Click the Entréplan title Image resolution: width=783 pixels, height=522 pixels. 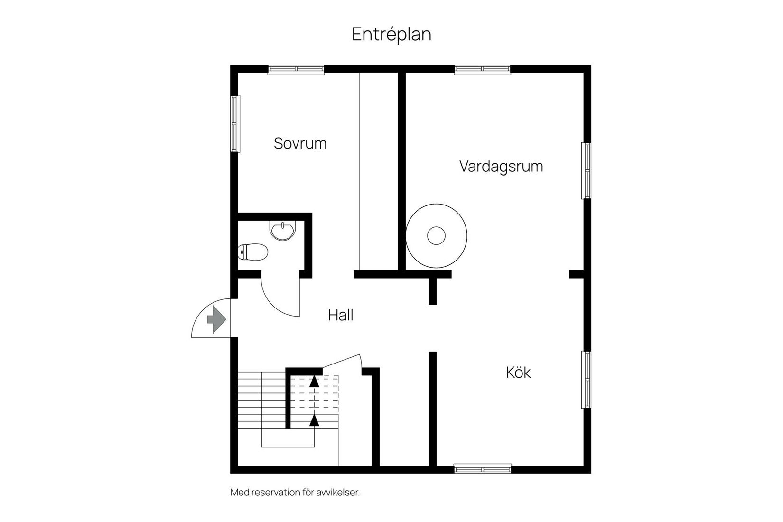pyautogui.click(x=391, y=34)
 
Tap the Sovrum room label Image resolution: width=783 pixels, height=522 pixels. pyautogui.click(x=300, y=143)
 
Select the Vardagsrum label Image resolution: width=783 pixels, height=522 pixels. pyautogui.click(x=501, y=167)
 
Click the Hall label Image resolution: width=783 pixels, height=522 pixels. pyautogui.click(x=341, y=315)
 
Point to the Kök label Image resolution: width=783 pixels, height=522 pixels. pyautogui.click(x=518, y=373)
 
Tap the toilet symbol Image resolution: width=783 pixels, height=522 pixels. pyautogui.click(x=253, y=252)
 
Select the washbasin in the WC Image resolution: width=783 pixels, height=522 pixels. pyautogui.click(x=282, y=231)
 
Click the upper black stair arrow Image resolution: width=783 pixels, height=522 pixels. pyautogui.click(x=314, y=381)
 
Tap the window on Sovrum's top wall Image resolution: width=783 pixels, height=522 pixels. pyautogui.click(x=296, y=70)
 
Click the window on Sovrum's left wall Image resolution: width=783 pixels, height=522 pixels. pyautogui.click(x=235, y=124)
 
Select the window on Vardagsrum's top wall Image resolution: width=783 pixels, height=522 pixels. pyautogui.click(x=483, y=70)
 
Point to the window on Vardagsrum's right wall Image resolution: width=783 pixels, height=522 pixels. pyautogui.click(x=587, y=170)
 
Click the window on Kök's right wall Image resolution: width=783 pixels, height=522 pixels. pyautogui.click(x=587, y=379)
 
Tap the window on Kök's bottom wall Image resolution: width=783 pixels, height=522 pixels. pyautogui.click(x=483, y=468)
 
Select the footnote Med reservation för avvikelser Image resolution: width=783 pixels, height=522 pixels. pyautogui.click(x=295, y=492)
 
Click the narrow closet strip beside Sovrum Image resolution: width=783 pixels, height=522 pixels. pyautogui.click(x=378, y=171)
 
